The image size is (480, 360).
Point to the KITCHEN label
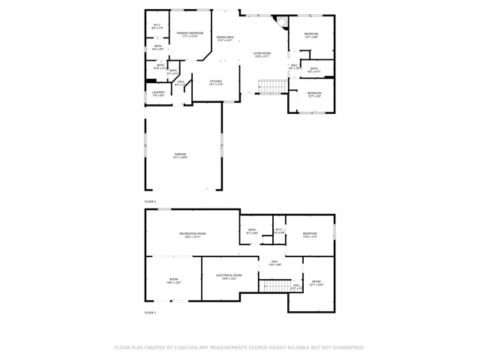pos(216,82)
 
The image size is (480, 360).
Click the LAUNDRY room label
pos(158,94)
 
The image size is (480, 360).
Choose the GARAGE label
pos(181,156)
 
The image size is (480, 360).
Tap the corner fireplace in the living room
pos(282,20)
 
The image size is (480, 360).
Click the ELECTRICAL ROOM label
pos(230,277)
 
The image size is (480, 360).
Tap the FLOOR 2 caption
pos(151,202)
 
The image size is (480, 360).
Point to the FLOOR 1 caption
pos(151,312)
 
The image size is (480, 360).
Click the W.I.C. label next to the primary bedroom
pos(157,26)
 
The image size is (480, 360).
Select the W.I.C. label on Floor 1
pos(278,231)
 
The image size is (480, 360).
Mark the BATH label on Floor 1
pos(252,232)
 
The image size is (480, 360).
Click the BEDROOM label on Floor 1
pos(310,235)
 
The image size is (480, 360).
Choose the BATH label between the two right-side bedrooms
pos(313,70)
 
